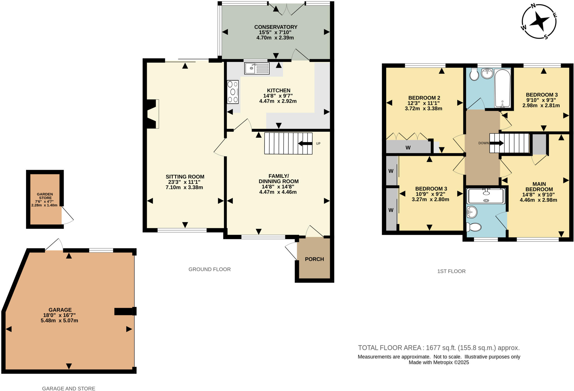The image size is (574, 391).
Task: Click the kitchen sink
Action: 257,68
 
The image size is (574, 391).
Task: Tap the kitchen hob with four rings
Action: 233,92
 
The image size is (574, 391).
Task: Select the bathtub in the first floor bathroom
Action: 503,88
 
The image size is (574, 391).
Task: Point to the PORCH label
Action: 314,259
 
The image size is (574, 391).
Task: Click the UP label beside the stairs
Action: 318,144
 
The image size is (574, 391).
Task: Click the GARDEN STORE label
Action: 45,196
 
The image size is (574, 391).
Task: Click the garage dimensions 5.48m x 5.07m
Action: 59,320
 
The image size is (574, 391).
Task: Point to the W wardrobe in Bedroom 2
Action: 408,148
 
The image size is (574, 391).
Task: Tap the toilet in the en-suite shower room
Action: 474,227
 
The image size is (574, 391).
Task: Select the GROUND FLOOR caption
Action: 209,269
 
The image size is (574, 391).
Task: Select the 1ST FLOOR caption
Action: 451,271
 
